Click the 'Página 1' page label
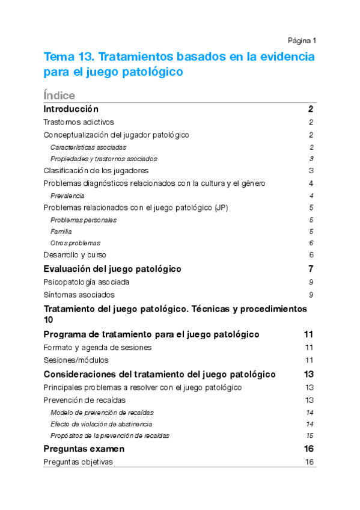tap(302, 40)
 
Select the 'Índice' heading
tap(59, 96)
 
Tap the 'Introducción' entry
tap(71, 109)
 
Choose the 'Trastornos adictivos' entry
tap(79, 122)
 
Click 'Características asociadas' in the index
tap(88, 147)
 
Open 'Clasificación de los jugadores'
tap(96, 171)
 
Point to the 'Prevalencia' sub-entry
tap(67, 195)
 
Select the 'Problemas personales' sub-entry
tap(84, 220)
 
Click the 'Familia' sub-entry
tap(61, 232)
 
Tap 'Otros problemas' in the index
tap(76, 243)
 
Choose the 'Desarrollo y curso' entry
tap(75, 255)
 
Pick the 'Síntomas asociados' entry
tap(79, 295)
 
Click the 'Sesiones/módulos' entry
tap(77, 360)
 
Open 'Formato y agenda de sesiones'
tap(98, 348)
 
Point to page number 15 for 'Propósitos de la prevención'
tap(310, 435)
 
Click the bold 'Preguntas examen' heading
tap(84, 449)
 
